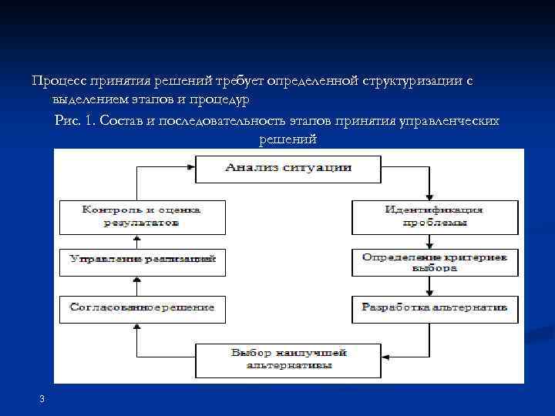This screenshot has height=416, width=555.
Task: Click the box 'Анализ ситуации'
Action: click(x=288, y=169)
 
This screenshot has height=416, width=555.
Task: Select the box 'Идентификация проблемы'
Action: click(x=433, y=216)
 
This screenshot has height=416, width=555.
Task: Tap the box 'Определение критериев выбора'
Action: click(x=433, y=263)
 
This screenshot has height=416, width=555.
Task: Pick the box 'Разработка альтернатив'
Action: click(x=433, y=308)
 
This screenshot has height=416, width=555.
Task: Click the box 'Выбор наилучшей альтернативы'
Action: click(x=288, y=359)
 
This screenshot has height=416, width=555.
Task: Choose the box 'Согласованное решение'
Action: click(x=143, y=308)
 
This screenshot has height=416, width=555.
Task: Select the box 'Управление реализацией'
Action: click(x=143, y=260)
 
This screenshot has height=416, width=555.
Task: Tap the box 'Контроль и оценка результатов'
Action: click(x=143, y=216)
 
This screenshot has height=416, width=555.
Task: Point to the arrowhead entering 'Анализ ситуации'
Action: click(x=190, y=166)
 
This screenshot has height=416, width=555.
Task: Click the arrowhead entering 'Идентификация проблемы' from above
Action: click(x=429, y=197)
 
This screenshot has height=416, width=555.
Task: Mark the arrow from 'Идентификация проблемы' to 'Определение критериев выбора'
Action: click(x=429, y=241)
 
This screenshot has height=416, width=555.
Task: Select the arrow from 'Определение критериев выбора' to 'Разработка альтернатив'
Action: click(x=429, y=287)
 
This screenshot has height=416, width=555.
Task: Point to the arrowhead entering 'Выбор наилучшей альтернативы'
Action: click(x=385, y=356)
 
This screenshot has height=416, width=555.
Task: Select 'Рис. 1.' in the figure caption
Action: click(x=76, y=122)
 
